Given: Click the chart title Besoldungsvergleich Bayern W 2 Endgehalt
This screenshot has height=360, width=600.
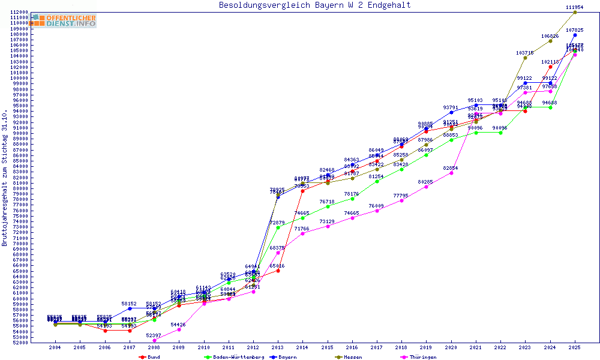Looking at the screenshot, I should [x=315, y=5].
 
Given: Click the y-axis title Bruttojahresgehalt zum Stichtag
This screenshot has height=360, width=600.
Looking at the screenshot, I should [x=5, y=178].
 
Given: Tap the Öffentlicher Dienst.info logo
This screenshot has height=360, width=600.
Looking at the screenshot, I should [x=64, y=21].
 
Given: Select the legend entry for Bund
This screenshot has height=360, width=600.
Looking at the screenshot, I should [x=149, y=356].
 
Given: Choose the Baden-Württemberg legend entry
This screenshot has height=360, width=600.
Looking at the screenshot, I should [x=235, y=356].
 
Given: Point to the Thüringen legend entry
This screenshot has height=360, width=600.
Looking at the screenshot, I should [x=420, y=356].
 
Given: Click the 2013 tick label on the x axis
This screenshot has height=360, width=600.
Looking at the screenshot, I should [x=278, y=347].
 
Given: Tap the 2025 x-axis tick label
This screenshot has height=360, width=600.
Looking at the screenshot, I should [x=575, y=347].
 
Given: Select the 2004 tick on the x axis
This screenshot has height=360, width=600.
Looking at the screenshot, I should [x=55, y=347].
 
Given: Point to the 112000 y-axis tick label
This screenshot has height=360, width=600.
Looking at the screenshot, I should [x=20, y=12].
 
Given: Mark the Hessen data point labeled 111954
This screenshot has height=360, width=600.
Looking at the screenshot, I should [x=575, y=12].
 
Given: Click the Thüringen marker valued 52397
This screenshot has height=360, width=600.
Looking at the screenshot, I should [x=154, y=340].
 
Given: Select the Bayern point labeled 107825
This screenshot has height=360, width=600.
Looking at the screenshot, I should [x=575, y=35].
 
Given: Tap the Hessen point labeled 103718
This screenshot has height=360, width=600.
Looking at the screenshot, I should [x=525, y=58].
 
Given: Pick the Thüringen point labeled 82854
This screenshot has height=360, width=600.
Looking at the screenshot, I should [x=451, y=173].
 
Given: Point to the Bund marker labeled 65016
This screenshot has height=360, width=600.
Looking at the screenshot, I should [x=278, y=271].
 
